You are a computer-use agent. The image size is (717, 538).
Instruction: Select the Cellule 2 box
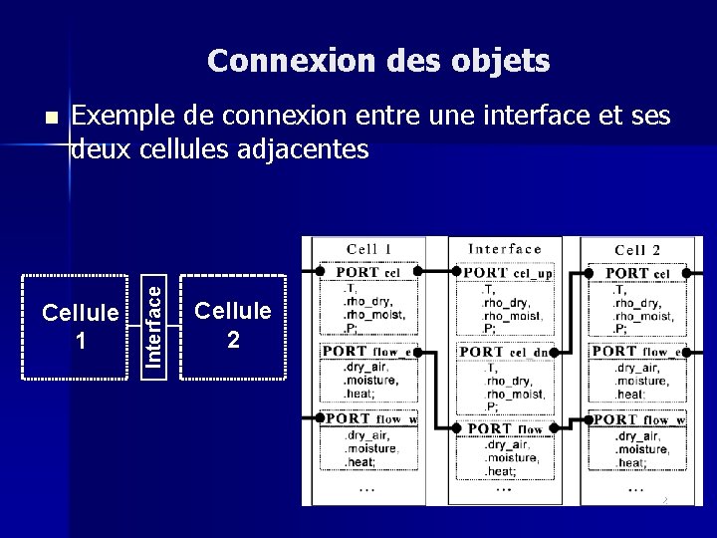point(232,326)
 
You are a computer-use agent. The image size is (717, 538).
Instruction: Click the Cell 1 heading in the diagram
point(368,249)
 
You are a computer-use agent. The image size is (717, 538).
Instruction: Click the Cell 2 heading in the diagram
point(637,250)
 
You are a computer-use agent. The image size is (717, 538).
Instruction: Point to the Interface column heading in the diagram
point(505,249)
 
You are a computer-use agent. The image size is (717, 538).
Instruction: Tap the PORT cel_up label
point(508,272)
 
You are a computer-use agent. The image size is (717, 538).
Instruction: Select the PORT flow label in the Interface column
point(505,428)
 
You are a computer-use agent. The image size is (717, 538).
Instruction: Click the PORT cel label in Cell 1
point(367,272)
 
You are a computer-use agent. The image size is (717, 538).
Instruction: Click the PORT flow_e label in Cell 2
point(637,351)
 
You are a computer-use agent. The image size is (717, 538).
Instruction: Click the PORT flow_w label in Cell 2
point(638,420)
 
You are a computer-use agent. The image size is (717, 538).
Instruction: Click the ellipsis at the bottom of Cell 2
point(635,489)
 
